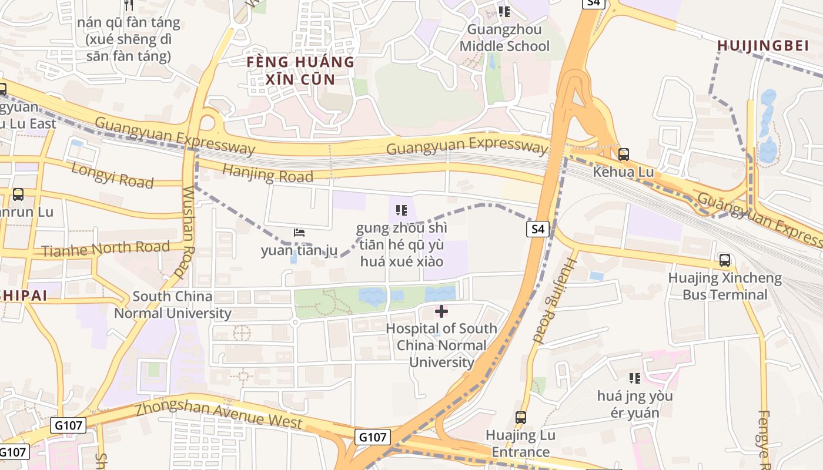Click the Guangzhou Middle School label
pyautogui.click(x=504, y=38)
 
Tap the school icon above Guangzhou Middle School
pyautogui.click(x=504, y=11)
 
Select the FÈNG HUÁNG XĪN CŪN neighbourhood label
pyautogui.click(x=300, y=70)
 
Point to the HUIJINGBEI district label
pyautogui.click(x=762, y=46)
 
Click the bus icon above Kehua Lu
pyautogui.click(x=623, y=155)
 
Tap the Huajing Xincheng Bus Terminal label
pyautogui.click(x=725, y=286)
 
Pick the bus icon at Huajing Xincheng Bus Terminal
pyautogui.click(x=725, y=260)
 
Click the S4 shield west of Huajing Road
pyautogui.click(x=538, y=229)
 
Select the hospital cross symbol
pyautogui.click(x=441, y=311)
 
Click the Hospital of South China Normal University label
pyautogui.click(x=441, y=345)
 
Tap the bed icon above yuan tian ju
pyautogui.click(x=299, y=233)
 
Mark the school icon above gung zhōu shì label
pyautogui.click(x=402, y=210)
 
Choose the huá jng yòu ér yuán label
pyautogui.click(x=635, y=404)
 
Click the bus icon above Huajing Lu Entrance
pyautogui.click(x=520, y=418)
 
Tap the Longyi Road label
pyautogui.click(x=112, y=176)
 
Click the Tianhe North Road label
pyautogui.click(x=105, y=249)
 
